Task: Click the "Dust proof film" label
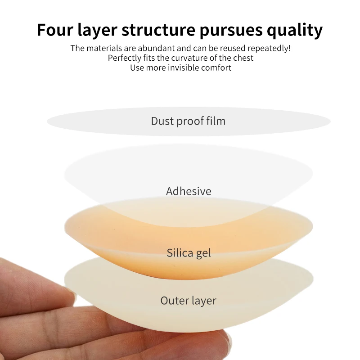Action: [x=188, y=121]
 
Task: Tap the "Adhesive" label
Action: [x=189, y=191]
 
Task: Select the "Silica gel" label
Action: [x=189, y=253]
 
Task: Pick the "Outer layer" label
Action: [x=189, y=301]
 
